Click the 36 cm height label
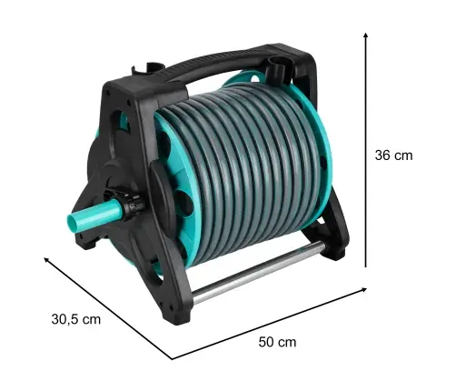click(x=393, y=155)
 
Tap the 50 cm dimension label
click(x=277, y=342)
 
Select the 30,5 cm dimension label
click(x=75, y=319)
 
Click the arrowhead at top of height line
click(x=366, y=35)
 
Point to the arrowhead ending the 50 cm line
click(x=363, y=290)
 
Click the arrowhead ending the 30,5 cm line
click(x=47, y=259)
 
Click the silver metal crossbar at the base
click(x=257, y=271)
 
